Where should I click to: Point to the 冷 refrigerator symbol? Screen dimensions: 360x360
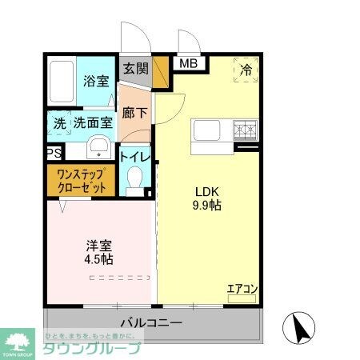pos(247,70)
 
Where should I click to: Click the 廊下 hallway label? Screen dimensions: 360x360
pos(134,113)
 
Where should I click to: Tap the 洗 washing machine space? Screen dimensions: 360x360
pos(59,124)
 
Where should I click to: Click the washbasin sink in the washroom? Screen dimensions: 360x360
pos(98,147)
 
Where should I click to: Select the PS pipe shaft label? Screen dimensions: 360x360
pos(54,153)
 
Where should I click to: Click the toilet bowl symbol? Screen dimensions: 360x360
pos(135,179)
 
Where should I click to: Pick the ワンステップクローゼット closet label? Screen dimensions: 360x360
pos(82,182)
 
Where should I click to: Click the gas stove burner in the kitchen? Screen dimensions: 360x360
pos(245,128)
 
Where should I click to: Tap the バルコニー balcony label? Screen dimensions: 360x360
pos(151,322)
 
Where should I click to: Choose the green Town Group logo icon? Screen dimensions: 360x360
pos(18,340)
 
